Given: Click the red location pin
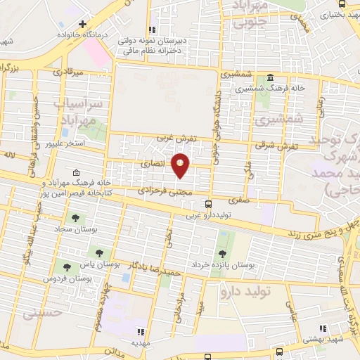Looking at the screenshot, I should pos(181,165).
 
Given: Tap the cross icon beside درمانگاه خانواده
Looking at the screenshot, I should pos(82,24).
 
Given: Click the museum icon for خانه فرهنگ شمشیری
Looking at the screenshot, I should pos(271,77).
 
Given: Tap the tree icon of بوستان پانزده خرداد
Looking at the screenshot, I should pos(223,253).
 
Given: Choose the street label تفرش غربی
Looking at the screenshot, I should pos(174,139).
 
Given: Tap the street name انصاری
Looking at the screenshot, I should pos(153,162).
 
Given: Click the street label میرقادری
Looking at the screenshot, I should pos(68,72).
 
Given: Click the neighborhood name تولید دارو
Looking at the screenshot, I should pos(245,290).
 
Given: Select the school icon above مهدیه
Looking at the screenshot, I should pos(141,330).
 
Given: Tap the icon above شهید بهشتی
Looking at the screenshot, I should pos(323,328).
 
